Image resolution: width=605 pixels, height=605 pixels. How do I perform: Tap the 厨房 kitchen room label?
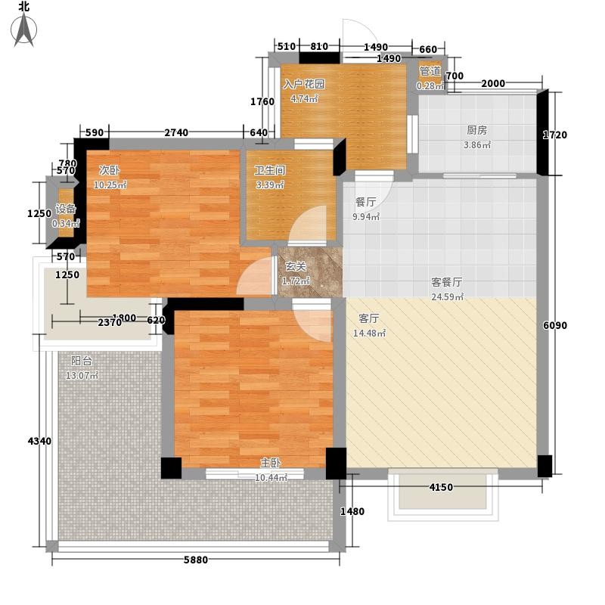(x=477, y=130)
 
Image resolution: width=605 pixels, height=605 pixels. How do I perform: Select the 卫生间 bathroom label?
(x=270, y=170)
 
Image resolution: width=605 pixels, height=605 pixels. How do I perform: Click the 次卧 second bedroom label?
(x=109, y=170)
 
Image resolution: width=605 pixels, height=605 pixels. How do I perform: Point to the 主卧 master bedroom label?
(x=271, y=463)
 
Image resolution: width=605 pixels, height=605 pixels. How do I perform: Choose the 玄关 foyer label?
(x=296, y=267)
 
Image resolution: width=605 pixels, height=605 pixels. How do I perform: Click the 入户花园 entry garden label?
(x=304, y=84)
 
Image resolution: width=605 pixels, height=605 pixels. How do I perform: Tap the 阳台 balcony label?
(x=82, y=361)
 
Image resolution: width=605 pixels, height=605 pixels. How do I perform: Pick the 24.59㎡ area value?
(x=447, y=297)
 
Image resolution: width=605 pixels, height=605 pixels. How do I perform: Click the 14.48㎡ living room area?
(x=369, y=333)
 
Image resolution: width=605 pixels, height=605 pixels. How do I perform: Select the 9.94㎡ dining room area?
(x=366, y=217)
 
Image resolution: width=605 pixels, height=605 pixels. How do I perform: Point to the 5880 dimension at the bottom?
(x=196, y=560)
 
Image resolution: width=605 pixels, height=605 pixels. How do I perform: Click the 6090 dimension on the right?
(x=555, y=325)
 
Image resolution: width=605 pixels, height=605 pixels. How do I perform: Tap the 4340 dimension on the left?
(x=39, y=441)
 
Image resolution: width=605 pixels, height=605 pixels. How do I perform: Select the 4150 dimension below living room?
(x=441, y=487)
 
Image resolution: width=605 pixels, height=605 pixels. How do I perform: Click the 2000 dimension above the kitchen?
(x=493, y=83)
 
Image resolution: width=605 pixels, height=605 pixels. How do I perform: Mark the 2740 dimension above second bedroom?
(x=176, y=132)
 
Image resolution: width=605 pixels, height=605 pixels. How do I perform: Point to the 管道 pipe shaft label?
(x=430, y=71)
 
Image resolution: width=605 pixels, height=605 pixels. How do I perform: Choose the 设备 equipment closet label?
(x=66, y=209)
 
